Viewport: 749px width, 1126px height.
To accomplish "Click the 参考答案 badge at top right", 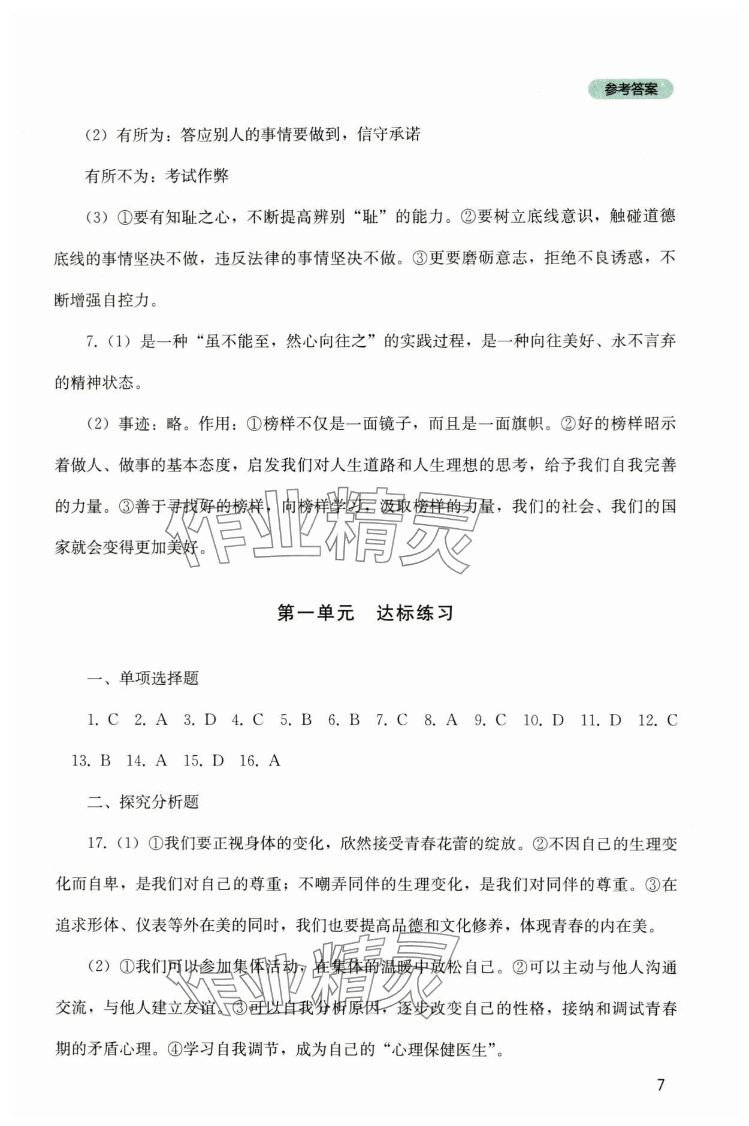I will pos(631,90).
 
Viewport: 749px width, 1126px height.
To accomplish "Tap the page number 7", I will pos(661,1085).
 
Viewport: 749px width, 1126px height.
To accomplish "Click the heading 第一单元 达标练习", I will pos(365,613).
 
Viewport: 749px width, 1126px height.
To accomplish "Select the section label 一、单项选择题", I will pos(143,679).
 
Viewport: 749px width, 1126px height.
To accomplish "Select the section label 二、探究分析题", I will pos(143,802).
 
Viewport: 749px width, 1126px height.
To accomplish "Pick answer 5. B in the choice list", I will pos(296,720).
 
